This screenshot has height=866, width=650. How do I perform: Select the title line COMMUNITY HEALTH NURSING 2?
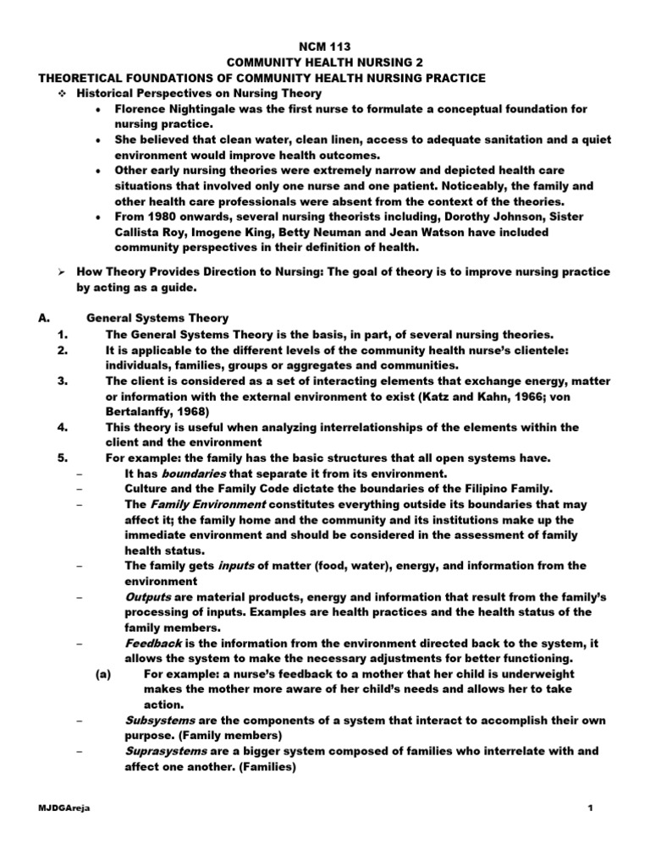325,63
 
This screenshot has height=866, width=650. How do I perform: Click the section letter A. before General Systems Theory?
45,318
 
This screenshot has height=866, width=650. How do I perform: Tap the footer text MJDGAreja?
65,809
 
